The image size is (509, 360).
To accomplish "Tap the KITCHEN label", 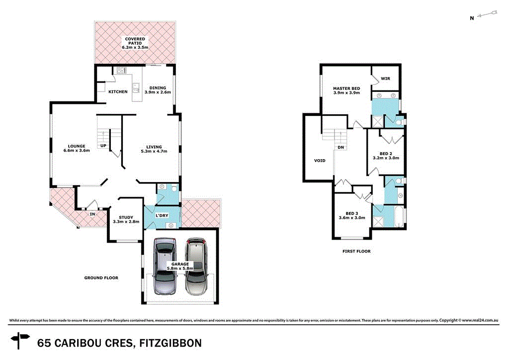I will point(118,92).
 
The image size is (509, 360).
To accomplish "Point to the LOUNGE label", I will point(77,148).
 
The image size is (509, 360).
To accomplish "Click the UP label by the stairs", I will point(103,146).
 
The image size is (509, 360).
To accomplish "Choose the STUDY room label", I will point(126,219).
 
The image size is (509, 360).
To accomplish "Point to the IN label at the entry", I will point(92,214).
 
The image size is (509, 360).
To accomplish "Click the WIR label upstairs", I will point(386,79).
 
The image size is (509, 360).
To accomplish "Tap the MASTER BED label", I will point(346,91).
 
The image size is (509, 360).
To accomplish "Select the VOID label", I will point(320,161).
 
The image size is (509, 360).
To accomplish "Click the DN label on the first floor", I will point(340,147).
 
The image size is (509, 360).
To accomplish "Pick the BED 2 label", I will point(386,155).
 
